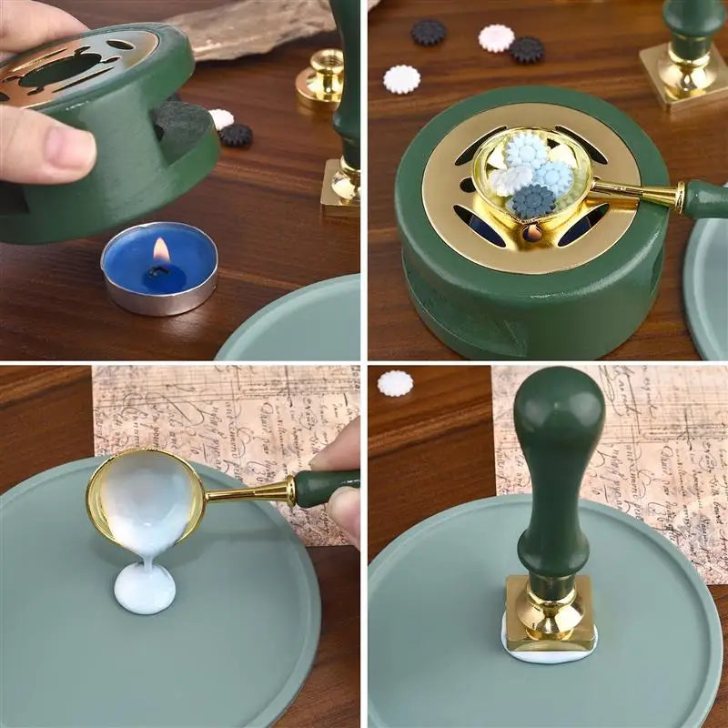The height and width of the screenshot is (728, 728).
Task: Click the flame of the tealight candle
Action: click(x=161, y=251)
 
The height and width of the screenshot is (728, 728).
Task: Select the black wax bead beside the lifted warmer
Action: click(x=237, y=136)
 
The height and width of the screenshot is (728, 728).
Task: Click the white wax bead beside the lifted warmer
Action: click(x=221, y=118)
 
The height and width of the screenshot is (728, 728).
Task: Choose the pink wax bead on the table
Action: click(x=496, y=37)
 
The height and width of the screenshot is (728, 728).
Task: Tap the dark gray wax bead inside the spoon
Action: click(x=533, y=200)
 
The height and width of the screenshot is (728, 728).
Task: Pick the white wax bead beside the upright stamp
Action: click(x=395, y=383)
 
